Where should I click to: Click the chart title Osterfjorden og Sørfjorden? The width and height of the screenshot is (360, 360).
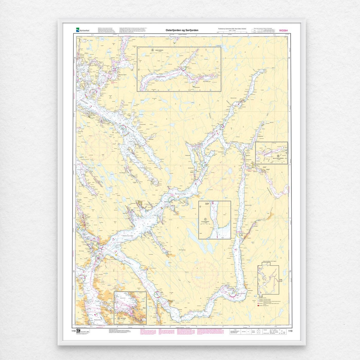coord(182,30)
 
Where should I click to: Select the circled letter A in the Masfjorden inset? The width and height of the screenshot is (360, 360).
coord(152,50)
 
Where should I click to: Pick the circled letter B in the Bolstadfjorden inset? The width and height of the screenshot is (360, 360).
coord(271,156)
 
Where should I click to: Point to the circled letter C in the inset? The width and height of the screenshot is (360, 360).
coord(205,219)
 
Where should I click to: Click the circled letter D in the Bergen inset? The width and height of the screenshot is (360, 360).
coord(119,319)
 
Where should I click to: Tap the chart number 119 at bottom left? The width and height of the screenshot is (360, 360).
coord(74,331)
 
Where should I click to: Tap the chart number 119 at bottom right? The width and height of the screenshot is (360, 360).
coord(290,331)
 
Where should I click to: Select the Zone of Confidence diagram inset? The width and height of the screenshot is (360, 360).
coord(268,280)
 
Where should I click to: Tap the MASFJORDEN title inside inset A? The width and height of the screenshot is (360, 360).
coord(159,50)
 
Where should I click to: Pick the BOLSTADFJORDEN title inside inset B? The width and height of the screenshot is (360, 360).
coord(277,158)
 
